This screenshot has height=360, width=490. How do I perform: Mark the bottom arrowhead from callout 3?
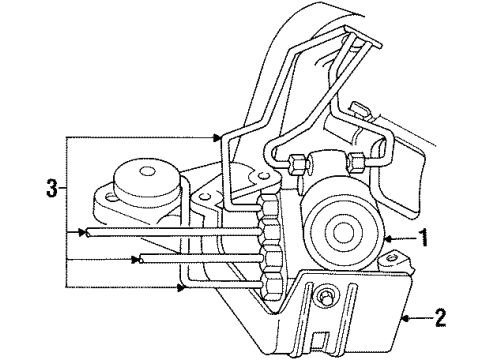point(185,289)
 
